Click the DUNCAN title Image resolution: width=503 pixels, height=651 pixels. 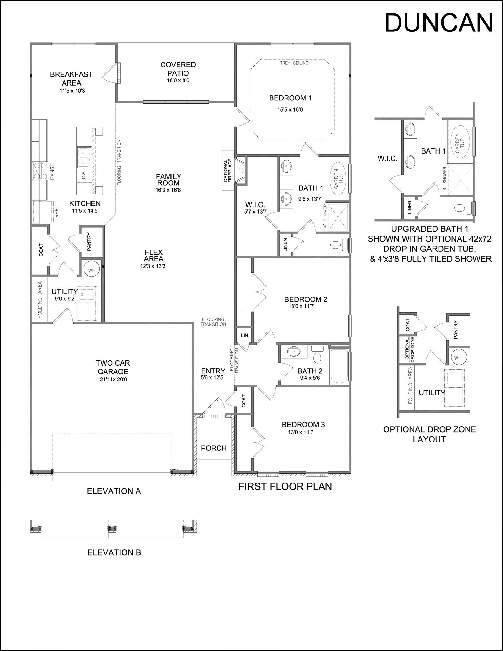[439, 23]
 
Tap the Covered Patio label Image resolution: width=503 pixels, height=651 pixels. [178, 69]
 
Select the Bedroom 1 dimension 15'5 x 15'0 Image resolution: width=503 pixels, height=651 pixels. [290, 110]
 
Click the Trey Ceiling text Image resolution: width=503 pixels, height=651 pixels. [294, 63]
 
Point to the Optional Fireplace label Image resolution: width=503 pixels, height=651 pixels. [228, 171]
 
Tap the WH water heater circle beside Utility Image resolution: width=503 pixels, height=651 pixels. [91, 271]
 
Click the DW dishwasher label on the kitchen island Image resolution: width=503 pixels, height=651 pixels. [84, 175]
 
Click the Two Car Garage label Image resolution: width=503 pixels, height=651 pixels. [113, 367]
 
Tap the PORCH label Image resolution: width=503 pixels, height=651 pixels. [214, 448]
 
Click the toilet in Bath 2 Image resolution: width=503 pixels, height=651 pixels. [317, 358]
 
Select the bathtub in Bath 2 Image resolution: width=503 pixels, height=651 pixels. [339, 367]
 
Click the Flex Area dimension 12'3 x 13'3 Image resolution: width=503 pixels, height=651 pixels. [153, 266]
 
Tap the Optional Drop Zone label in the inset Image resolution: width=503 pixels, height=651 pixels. [410, 349]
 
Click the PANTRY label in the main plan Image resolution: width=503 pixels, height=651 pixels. [89, 242]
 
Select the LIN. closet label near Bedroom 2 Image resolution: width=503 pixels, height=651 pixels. [245, 335]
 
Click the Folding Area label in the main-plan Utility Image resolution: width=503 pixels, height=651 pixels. [40, 299]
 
